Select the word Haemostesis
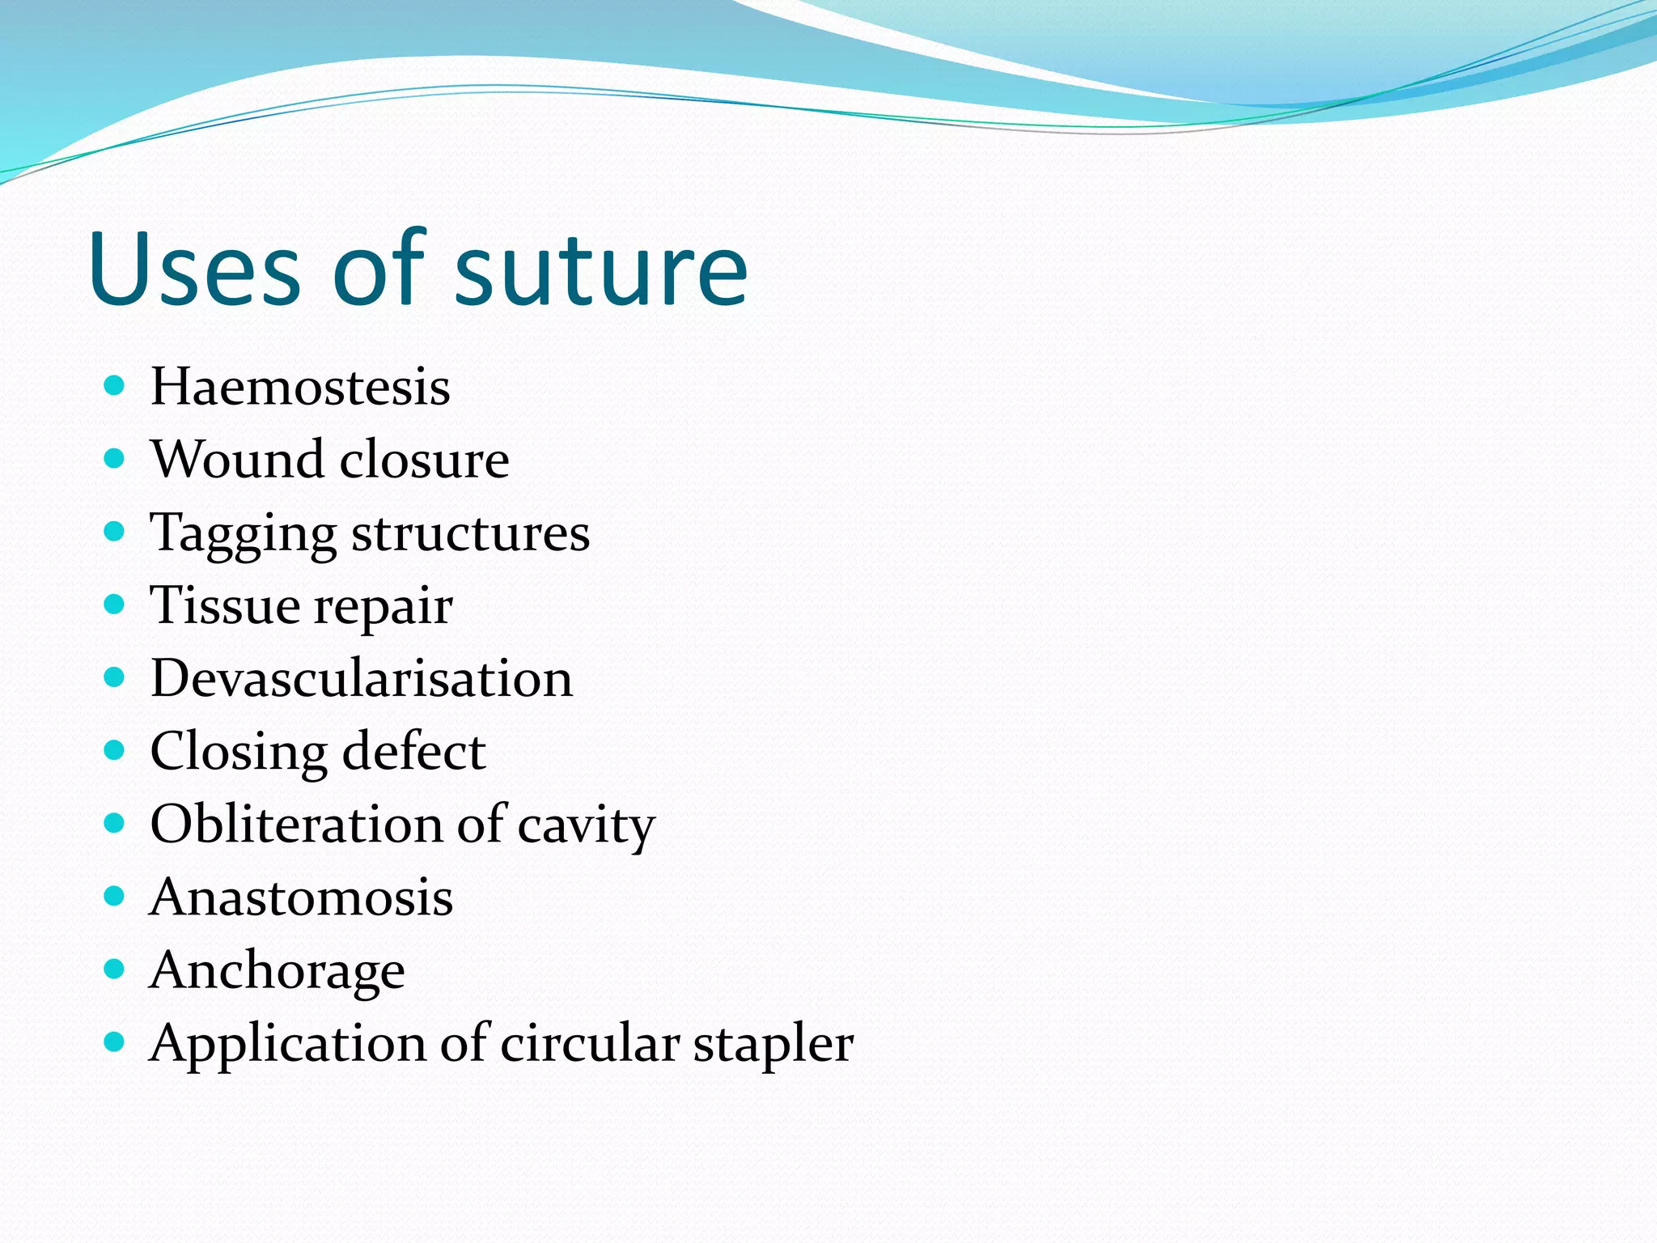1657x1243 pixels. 300,387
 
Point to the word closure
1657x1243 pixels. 425,460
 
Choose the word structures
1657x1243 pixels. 471,532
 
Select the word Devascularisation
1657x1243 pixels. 362,678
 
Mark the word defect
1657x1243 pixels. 413,751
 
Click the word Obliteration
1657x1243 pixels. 295,824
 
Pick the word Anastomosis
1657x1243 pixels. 301,897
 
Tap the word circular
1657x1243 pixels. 589,1042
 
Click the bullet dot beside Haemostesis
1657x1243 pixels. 115,385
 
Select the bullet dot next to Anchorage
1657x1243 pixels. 115,969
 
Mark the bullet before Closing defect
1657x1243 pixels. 115,750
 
